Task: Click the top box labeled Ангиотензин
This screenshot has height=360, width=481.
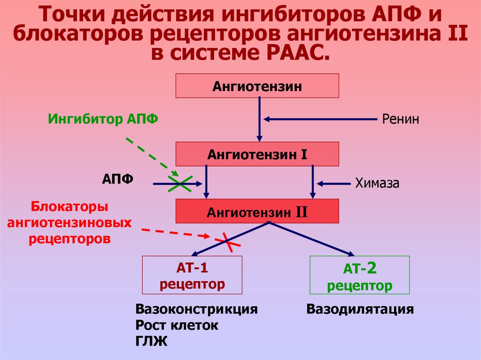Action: point(257,86)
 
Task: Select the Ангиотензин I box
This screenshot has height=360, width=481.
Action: point(257,153)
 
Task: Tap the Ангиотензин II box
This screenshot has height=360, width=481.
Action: point(257,211)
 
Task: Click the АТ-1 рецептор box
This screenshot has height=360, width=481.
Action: point(192,276)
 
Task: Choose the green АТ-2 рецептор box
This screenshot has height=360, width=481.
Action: point(359,276)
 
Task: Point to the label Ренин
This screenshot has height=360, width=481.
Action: point(400,119)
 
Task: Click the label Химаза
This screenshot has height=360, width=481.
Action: point(377,183)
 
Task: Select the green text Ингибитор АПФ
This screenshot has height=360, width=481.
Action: point(103,119)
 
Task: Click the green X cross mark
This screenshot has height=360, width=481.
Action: point(179,184)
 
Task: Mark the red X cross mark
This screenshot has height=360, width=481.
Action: point(228,241)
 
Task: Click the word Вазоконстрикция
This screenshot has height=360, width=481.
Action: point(196,310)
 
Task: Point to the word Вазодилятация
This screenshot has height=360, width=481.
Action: point(360,310)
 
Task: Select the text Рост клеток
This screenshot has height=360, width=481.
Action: point(177,325)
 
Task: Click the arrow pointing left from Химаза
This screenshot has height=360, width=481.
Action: point(334,183)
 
